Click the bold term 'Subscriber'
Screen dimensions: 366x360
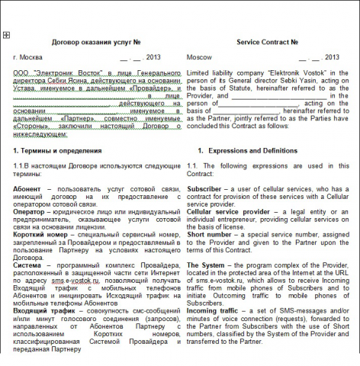click(x=204, y=188)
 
